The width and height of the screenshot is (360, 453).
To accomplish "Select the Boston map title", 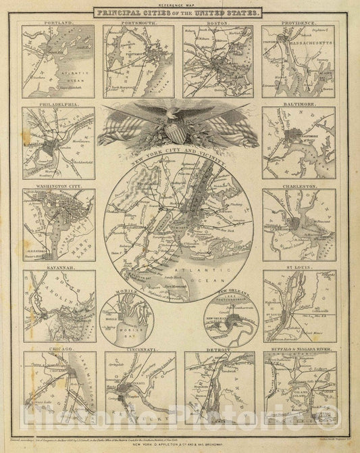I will click(218, 23).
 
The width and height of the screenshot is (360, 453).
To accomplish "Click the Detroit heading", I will click(218, 350).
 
